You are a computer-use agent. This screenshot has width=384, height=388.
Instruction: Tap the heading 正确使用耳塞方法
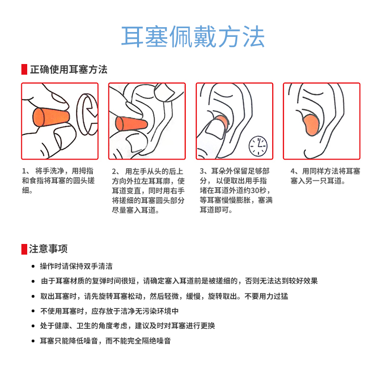point(69,69)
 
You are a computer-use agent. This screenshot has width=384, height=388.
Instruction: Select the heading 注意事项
point(48,249)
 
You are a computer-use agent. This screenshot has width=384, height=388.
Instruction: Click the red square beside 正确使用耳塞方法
point(24,69)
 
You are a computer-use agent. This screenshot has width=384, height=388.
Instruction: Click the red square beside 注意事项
point(24,249)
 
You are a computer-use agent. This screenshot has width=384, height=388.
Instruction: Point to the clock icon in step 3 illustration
point(258,145)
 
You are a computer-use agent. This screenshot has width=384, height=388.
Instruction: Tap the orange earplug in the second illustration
point(131,125)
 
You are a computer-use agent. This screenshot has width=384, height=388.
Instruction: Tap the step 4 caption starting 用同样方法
point(325,176)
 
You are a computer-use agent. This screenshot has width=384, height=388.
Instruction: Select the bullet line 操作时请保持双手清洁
point(76,266)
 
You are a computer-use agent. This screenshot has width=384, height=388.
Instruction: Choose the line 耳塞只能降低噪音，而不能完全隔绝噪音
point(105,341)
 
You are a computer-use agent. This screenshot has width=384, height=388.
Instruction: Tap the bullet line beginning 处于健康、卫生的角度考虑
point(127,326)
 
